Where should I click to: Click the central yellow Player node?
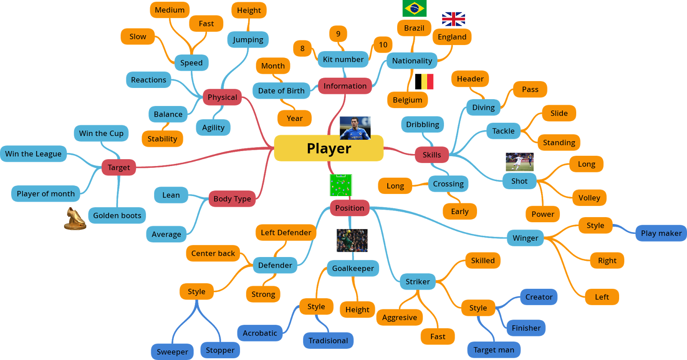click(x=328, y=148)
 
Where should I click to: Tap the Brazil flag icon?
click(x=414, y=8)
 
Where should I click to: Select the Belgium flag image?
click(x=427, y=82)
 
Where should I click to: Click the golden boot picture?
click(x=75, y=218)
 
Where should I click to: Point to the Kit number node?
click(x=343, y=59)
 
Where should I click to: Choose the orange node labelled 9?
click(x=338, y=34)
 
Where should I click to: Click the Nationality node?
click(x=412, y=61)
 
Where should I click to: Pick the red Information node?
click(x=345, y=86)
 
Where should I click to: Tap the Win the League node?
click(x=33, y=154)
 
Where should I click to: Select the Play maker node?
click(x=661, y=233)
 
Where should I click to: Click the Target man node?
click(x=494, y=350)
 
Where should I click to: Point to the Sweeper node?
click(x=172, y=352)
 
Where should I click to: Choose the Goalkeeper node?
click(x=353, y=269)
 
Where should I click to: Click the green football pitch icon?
click(x=341, y=185)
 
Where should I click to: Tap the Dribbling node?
click(x=423, y=124)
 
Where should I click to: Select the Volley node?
click(x=589, y=198)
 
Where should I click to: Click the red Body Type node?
click(x=232, y=199)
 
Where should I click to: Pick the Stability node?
click(x=162, y=139)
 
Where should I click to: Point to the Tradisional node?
click(x=328, y=341)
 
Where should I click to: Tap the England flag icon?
click(x=453, y=19)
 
